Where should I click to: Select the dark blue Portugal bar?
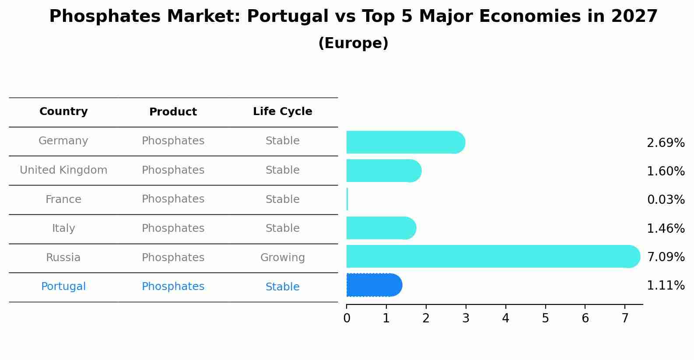pyautogui.click(x=373, y=285)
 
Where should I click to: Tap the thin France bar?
pyautogui.click(x=347, y=199)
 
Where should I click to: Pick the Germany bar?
pyautogui.click(x=405, y=142)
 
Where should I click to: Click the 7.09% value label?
pyautogui.click(x=666, y=257)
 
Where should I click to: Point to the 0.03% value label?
pyautogui.click(x=666, y=200)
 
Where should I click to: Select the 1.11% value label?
pyautogui.click(x=666, y=286)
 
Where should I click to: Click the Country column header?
pyautogui.click(x=63, y=112)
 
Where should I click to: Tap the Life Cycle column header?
pyautogui.click(x=282, y=112)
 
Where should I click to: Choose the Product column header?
pyautogui.click(x=173, y=112)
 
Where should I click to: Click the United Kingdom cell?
pyautogui.click(x=63, y=170)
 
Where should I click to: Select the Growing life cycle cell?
pyautogui.click(x=282, y=258)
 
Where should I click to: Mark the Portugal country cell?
pyautogui.click(x=63, y=287)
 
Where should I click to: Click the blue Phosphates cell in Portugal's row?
pyautogui.click(x=173, y=287)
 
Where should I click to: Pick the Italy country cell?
pyautogui.click(x=63, y=228)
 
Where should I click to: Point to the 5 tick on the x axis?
pyautogui.click(x=545, y=318)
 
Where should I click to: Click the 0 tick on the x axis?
pyautogui.click(x=347, y=318)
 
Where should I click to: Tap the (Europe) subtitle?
pyautogui.click(x=353, y=43)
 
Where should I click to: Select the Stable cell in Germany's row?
pyautogui.click(x=282, y=141)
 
